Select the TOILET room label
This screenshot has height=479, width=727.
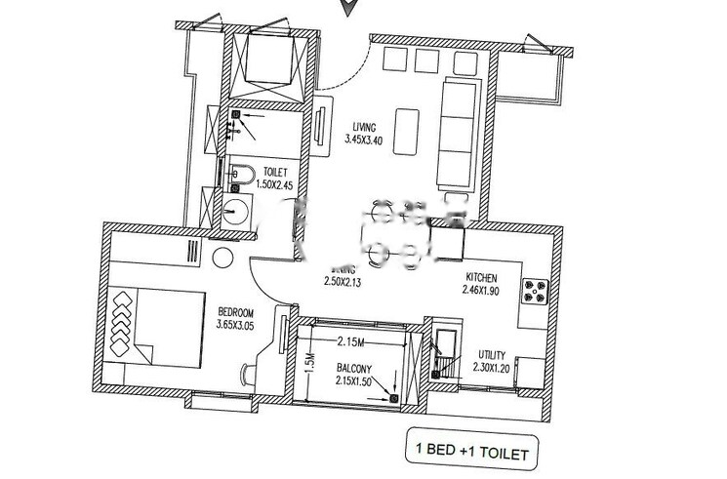pyautogui.click(x=275, y=172)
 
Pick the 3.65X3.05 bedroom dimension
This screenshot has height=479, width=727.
pyautogui.click(x=236, y=325)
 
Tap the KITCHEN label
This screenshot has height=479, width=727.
pyautogui.click(x=482, y=276)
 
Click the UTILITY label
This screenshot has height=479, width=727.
pyautogui.click(x=491, y=355)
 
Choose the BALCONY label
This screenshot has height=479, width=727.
pyautogui.click(x=354, y=369)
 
